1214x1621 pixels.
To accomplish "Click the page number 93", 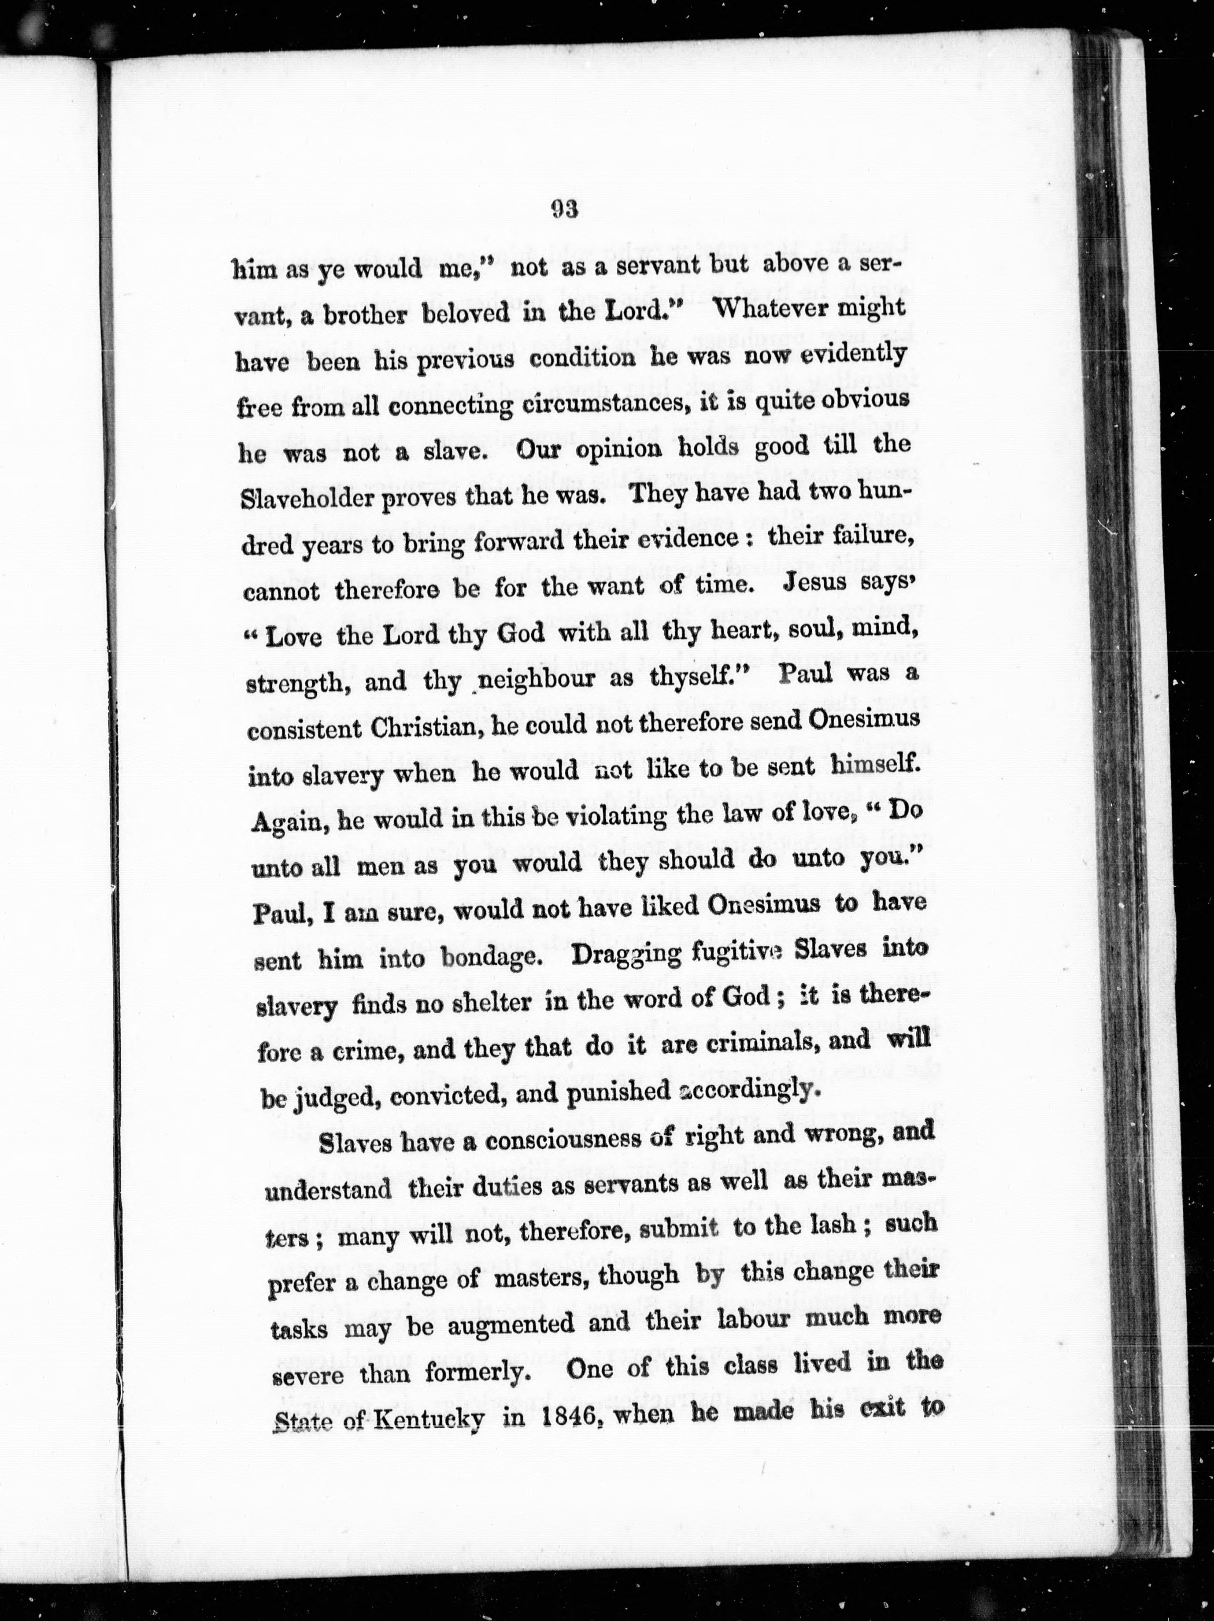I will [565, 210].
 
